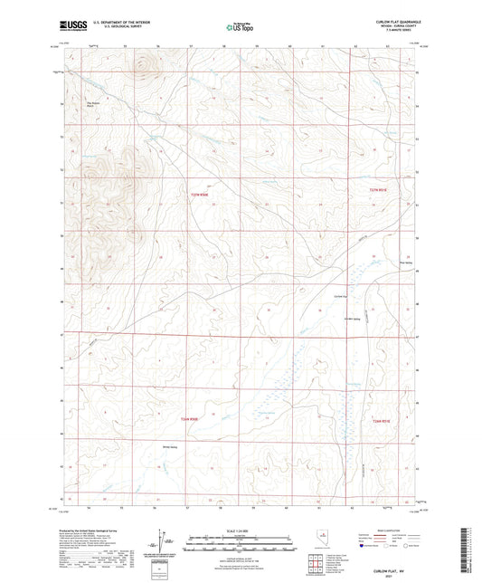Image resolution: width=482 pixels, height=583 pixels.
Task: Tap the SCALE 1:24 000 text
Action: point(240,530)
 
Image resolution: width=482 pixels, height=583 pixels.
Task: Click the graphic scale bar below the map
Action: point(240,540)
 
